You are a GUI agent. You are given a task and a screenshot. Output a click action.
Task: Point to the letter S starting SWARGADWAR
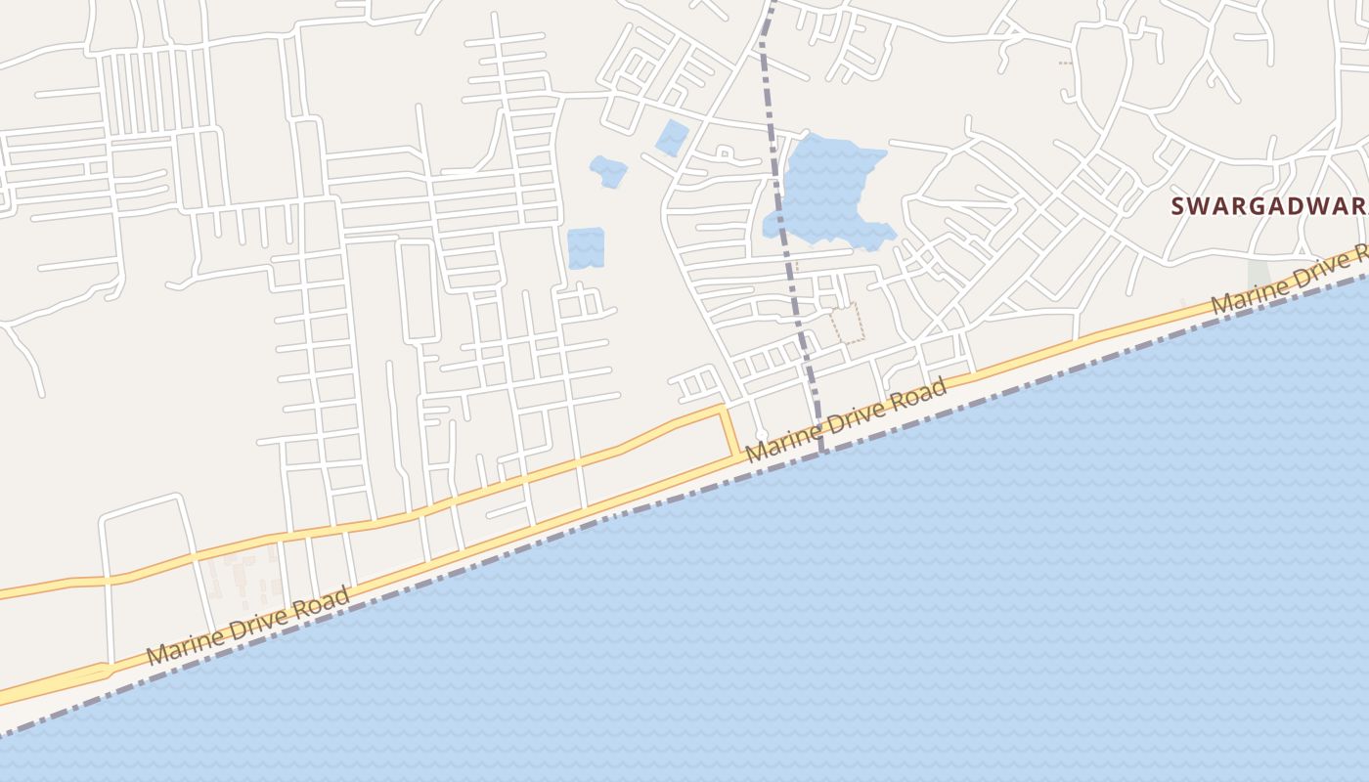point(1179,206)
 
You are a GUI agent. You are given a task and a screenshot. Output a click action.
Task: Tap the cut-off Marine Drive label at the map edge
point(1289,280)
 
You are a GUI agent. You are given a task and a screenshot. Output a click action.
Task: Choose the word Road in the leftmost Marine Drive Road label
point(325,599)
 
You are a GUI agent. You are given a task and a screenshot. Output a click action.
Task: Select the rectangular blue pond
point(586,248)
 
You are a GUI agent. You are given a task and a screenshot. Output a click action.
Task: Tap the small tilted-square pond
point(671,137)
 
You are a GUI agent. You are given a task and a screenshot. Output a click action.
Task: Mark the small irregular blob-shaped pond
point(608,171)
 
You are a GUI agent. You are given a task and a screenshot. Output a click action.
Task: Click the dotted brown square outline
point(847,324)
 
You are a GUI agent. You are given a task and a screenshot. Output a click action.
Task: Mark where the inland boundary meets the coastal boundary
point(822,453)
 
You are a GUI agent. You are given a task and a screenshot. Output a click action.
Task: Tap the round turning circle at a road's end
point(761,434)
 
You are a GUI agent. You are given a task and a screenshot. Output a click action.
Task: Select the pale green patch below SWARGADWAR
point(1258,273)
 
